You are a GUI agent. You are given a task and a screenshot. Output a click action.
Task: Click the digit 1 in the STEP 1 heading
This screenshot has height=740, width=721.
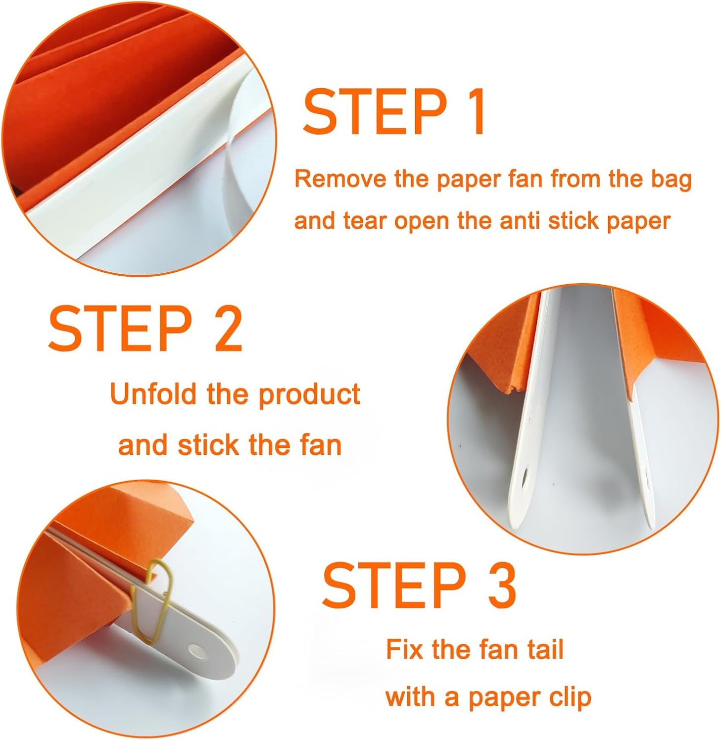(x=477, y=112)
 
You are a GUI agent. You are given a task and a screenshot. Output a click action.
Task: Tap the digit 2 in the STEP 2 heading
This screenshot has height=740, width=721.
(x=225, y=329)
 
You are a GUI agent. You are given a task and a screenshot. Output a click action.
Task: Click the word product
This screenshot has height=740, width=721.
(x=309, y=395)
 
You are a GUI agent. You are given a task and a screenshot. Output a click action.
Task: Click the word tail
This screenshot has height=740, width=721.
(x=545, y=649)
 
